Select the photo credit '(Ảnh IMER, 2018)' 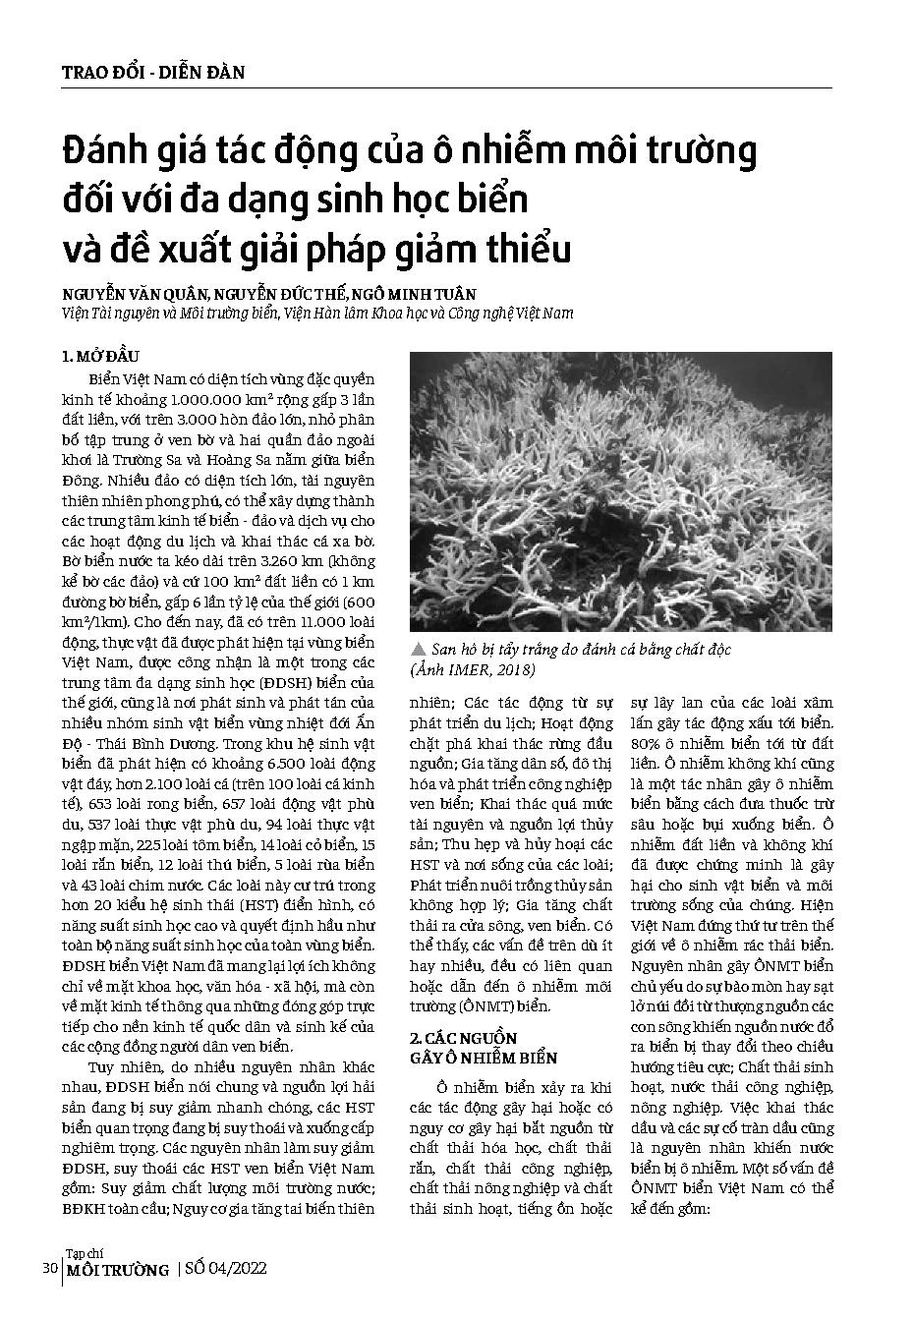pos(473,669)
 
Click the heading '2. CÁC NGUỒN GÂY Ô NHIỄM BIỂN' pos(483,1048)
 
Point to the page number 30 pos(50,1269)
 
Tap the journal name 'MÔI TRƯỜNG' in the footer pos(117,1271)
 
